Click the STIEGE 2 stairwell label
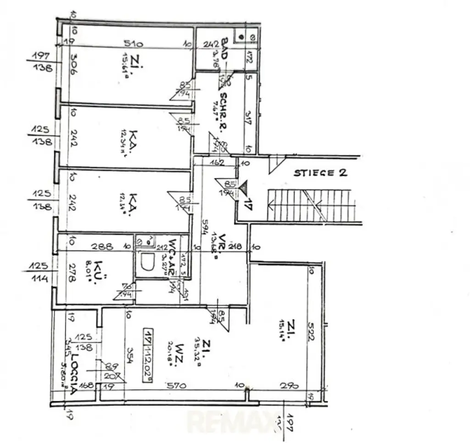[x=321, y=173]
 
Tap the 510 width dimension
[x=133, y=44]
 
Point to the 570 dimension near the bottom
[x=177, y=386]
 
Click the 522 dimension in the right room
[x=312, y=329]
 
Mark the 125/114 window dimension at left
[x=39, y=270]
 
